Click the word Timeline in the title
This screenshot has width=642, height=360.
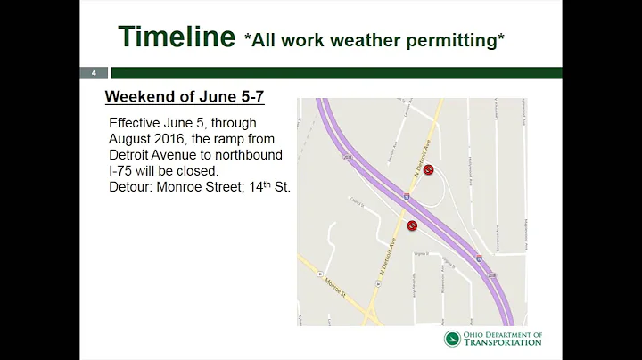click(176, 37)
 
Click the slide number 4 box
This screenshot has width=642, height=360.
click(93, 73)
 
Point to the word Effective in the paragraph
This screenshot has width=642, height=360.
click(139, 122)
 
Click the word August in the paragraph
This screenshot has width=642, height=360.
click(133, 138)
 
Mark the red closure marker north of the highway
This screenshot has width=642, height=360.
click(428, 169)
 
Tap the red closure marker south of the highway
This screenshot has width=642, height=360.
click(412, 226)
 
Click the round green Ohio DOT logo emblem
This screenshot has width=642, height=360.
click(453, 339)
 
